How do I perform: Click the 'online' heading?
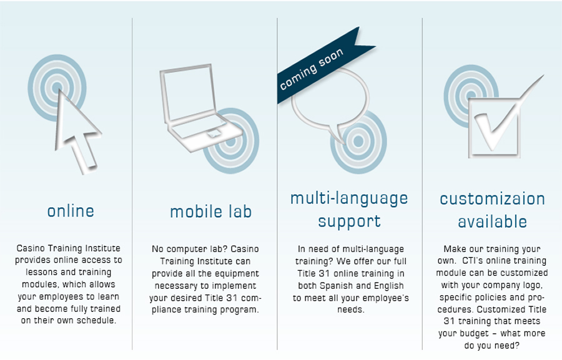click(x=71, y=211)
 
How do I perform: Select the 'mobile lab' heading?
click(x=211, y=212)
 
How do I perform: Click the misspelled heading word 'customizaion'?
click(x=493, y=199)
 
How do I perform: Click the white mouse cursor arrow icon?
click(x=76, y=132)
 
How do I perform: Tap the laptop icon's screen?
click(x=188, y=92)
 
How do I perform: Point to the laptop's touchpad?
click(x=214, y=134)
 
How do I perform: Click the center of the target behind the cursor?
click(x=57, y=87)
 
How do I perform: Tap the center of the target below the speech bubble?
click(x=358, y=141)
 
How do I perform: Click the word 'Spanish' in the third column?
click(x=336, y=286)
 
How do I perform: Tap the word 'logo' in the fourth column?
click(x=533, y=286)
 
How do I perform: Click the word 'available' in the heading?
click(x=493, y=222)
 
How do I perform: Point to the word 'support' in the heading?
click(x=349, y=221)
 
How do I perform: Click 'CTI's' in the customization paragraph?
click(x=473, y=260)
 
